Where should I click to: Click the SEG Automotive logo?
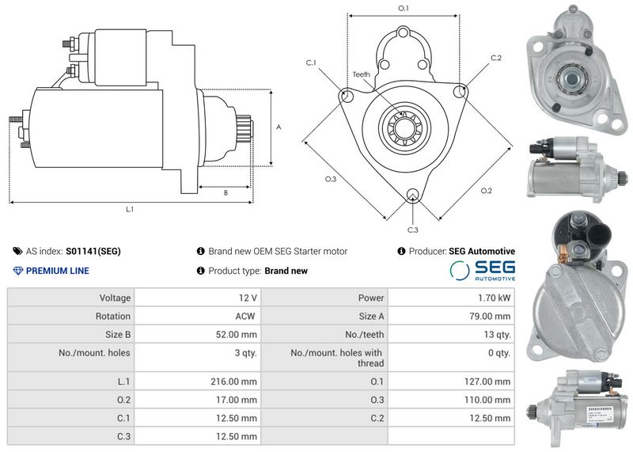483,271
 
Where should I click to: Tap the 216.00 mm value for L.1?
233,382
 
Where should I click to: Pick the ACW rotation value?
245,317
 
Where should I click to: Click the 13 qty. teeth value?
497,335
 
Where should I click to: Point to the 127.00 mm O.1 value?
487,382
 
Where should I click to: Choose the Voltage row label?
115,298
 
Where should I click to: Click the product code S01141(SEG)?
93,251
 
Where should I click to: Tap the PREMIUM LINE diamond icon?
18,271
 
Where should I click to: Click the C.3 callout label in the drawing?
412,230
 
